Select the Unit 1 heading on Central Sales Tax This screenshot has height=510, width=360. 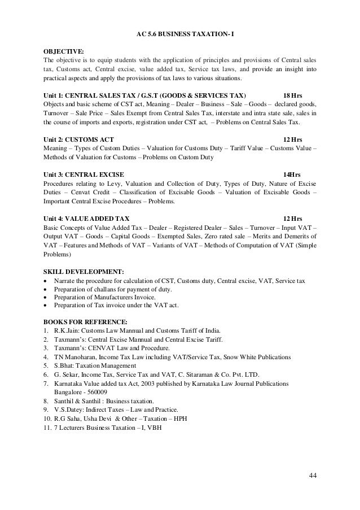(x=144, y=94)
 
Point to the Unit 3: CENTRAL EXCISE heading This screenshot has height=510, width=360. (x=84, y=173)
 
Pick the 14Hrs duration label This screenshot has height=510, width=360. (x=292, y=173)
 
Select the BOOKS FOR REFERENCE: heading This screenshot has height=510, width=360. (x=81, y=322)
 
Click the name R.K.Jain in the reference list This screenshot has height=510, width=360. (x=68, y=331)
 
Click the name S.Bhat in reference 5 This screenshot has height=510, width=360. (x=66, y=366)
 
